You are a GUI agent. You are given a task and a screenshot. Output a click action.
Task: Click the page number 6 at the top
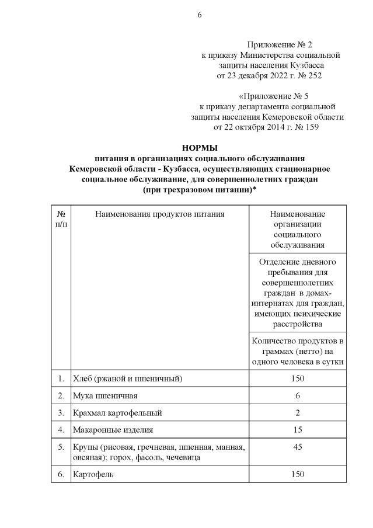click(199, 15)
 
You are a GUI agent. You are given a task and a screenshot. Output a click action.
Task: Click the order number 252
click(314, 75)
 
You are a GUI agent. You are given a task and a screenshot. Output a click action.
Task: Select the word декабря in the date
click(257, 75)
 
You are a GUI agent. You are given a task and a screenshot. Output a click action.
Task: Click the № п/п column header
click(61, 220)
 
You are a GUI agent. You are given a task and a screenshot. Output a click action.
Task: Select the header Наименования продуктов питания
click(160, 214)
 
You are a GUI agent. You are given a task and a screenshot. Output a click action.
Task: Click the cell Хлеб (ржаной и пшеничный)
click(127, 378)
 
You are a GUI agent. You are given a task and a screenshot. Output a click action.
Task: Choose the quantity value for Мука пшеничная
click(297, 396)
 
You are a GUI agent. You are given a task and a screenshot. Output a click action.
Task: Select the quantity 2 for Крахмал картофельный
click(297, 413)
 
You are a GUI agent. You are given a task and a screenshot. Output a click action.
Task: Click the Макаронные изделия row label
click(112, 430)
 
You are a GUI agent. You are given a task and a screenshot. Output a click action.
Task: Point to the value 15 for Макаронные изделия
click(297, 430)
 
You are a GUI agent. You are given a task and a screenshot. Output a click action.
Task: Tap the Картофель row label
click(93, 474)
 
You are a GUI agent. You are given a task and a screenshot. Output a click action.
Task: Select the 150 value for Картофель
click(297, 474)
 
